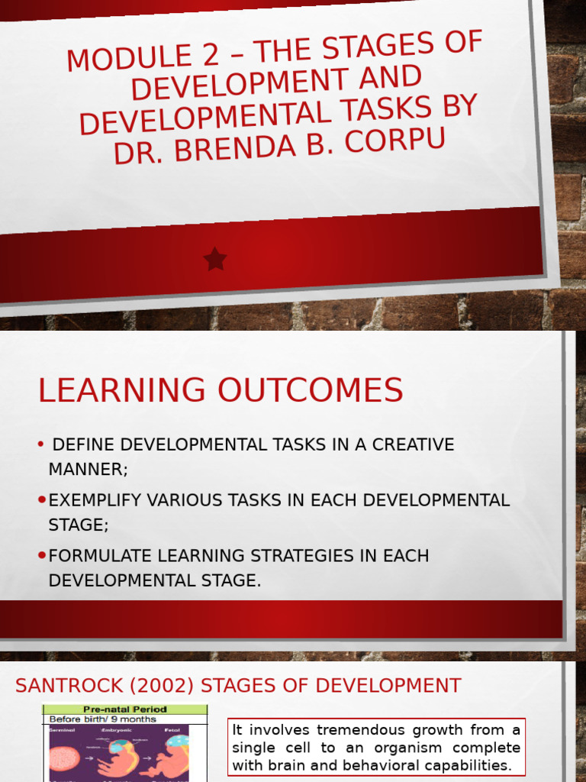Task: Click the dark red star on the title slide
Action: point(215,260)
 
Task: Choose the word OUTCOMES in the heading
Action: point(311,391)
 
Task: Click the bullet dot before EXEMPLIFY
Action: point(42,500)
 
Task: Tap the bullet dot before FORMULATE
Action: point(42,555)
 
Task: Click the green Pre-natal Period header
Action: point(124,709)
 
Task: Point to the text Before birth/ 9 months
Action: point(102,719)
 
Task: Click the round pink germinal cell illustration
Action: point(64,758)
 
